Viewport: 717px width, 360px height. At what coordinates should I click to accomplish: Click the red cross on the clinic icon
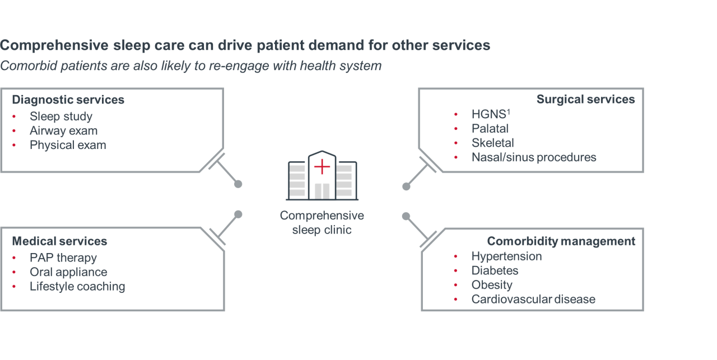click(322, 166)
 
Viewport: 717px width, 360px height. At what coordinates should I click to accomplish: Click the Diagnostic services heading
click(68, 100)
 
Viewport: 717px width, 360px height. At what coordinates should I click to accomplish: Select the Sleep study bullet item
click(61, 116)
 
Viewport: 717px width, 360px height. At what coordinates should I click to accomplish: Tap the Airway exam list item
click(63, 131)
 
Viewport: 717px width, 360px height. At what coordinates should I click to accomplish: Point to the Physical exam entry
click(68, 145)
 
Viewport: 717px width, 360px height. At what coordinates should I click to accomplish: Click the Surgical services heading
click(585, 100)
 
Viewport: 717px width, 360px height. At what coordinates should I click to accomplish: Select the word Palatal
click(490, 129)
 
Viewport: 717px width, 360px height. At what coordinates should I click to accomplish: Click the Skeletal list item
click(492, 143)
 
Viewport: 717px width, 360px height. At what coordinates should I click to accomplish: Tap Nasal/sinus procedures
click(533, 157)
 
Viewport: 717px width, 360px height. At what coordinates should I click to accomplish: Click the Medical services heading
click(59, 241)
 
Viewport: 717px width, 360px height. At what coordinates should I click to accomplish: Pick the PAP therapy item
click(63, 258)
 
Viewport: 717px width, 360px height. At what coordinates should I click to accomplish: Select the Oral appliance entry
click(68, 272)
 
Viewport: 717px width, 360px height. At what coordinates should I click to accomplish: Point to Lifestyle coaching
click(77, 287)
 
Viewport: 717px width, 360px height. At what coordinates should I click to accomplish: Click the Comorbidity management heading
click(561, 241)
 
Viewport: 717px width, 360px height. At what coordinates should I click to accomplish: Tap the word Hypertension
click(506, 256)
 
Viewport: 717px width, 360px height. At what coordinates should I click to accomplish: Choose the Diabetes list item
click(495, 271)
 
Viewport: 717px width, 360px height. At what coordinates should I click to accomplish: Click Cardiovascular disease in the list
click(533, 300)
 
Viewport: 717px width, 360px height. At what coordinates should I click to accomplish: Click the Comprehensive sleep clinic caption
click(322, 223)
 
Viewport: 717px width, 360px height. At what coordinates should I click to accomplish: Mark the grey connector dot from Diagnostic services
click(238, 184)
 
